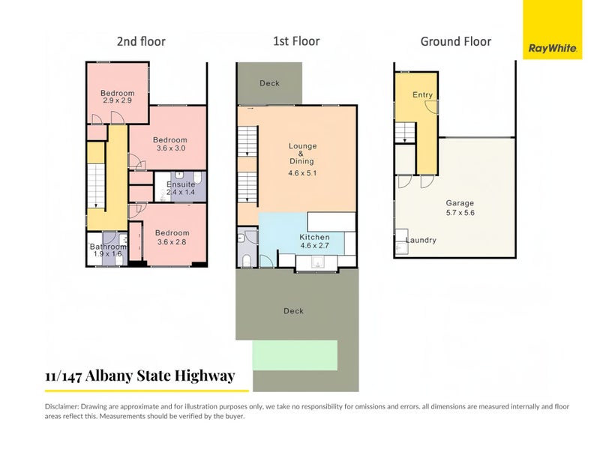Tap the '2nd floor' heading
tap(141, 41)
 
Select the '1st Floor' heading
tap(296, 41)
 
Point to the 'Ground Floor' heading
tap(455, 41)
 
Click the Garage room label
tap(460, 203)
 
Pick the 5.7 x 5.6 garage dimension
tap(460, 212)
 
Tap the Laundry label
tap(421, 241)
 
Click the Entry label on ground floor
tap(422, 95)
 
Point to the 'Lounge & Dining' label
tap(302, 154)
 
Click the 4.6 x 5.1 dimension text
tap(302, 173)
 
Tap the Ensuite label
tap(181, 184)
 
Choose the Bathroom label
tap(108, 246)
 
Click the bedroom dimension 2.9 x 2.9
tap(118, 101)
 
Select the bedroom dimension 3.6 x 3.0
tap(170, 148)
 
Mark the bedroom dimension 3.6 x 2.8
tap(172, 241)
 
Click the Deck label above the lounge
tap(269, 83)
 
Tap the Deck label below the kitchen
tap(293, 311)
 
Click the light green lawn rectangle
tap(295, 354)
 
